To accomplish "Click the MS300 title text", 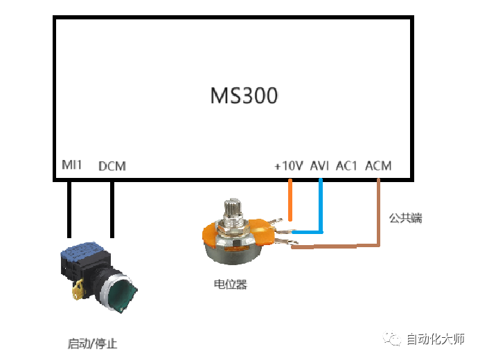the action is (x=244, y=96).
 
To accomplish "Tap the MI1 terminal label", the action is (x=71, y=165).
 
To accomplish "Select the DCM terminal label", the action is (x=112, y=166).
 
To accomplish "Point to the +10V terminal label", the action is (x=289, y=165).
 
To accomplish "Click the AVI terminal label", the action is (x=319, y=165).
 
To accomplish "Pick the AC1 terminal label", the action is (x=346, y=165).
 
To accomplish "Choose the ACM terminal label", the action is (x=378, y=165).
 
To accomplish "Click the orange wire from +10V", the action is (x=290, y=199).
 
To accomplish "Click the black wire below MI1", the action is (x=69, y=210).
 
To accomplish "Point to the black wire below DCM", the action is (x=112, y=210).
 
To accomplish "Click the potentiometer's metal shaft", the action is (x=233, y=210).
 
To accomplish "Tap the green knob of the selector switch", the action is (x=122, y=293).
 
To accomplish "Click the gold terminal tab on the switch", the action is (x=78, y=289).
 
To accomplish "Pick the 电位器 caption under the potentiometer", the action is (x=230, y=284).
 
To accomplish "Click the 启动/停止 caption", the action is (x=92, y=343).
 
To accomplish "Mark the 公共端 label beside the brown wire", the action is (x=406, y=218).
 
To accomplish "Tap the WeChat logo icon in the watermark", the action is (x=392, y=339).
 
